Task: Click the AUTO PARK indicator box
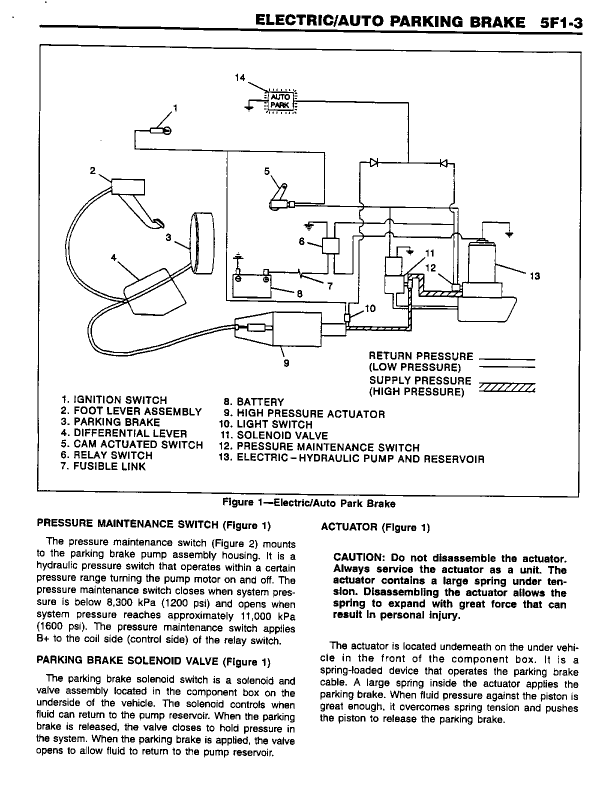coord(280,100)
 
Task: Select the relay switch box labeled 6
coord(330,246)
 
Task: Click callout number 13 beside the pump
coord(534,276)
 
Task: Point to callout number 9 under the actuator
coord(286,363)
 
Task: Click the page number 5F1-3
coord(561,23)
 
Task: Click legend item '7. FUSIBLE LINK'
coord(103,466)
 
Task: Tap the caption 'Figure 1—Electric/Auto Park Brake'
coord(308,503)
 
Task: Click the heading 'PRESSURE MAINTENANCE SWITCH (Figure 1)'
coord(153,524)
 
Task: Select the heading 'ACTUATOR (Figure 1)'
coord(375,527)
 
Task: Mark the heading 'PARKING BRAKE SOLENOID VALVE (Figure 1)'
coord(153,661)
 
